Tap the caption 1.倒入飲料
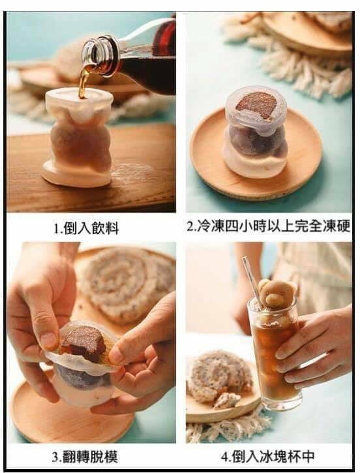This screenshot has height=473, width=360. click(x=87, y=228)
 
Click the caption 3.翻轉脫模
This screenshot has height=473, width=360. click(x=85, y=457)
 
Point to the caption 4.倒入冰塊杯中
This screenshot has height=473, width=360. click(x=267, y=456)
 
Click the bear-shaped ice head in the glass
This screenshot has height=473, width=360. click(x=277, y=293)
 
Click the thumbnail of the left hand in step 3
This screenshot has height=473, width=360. click(x=48, y=339)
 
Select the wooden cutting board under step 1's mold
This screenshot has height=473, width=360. click(x=91, y=169)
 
